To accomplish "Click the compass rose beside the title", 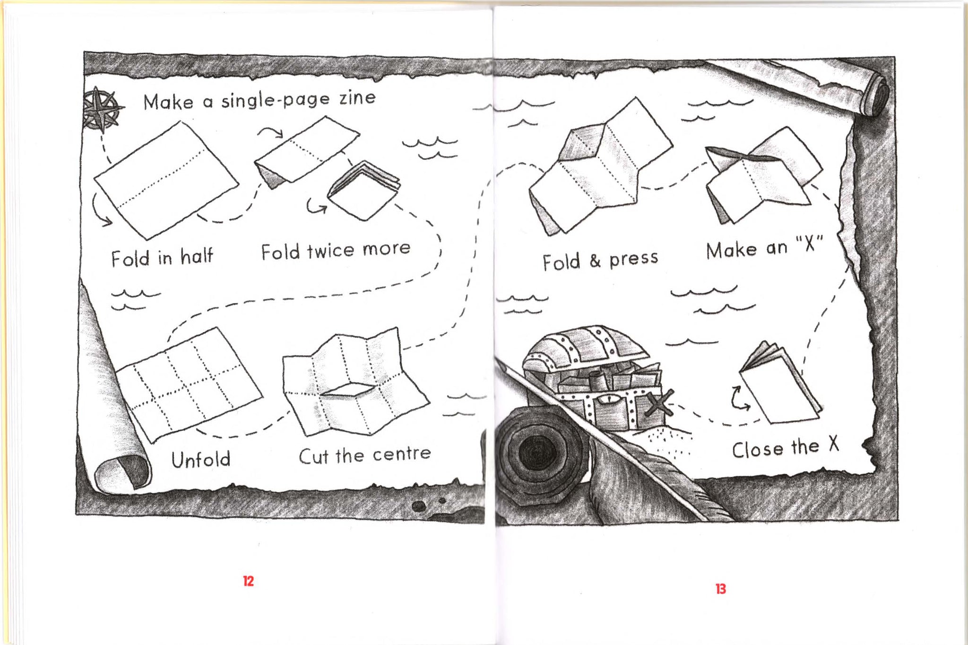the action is click(x=102, y=108).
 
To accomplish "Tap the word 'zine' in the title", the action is click(x=357, y=97).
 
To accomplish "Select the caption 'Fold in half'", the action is click(x=162, y=257).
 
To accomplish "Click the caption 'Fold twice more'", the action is click(x=336, y=251).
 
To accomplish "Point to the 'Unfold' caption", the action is click(x=201, y=459).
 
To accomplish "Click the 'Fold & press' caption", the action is click(x=600, y=260).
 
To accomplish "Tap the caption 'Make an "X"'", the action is click(x=764, y=248).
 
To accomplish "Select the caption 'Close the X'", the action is click(x=785, y=447).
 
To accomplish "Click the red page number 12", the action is click(x=249, y=581).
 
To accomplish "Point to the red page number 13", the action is click(x=720, y=589).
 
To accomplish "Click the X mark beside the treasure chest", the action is click(x=660, y=403).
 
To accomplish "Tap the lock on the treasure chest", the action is click(x=609, y=401).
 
